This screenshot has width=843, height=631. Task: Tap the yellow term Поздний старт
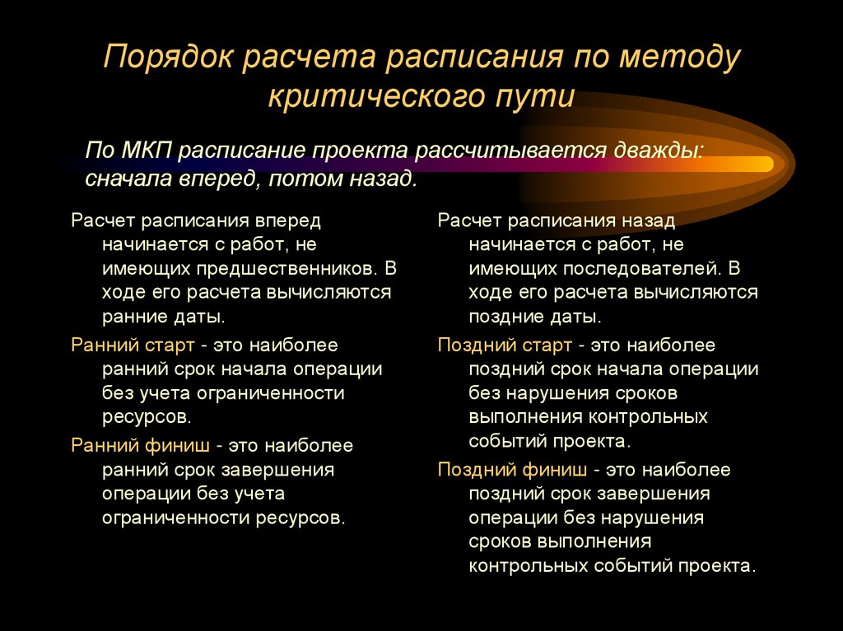pyautogui.click(x=505, y=345)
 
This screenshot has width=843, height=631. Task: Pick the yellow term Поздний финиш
pyautogui.click(x=512, y=470)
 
